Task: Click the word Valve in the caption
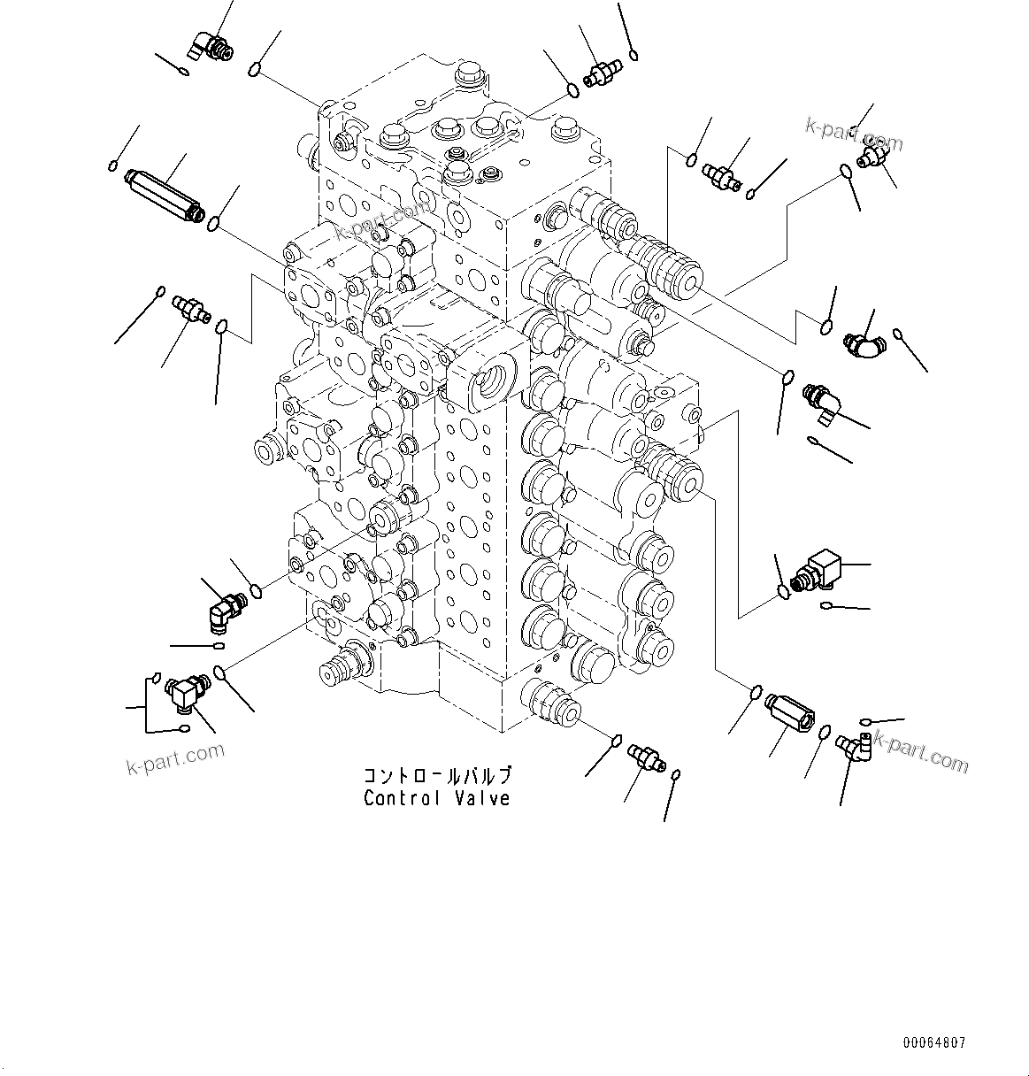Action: pos(481,798)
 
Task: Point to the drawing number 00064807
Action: pos(936,1043)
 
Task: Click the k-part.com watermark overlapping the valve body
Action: pos(381,221)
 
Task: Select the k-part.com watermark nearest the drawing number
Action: pos(920,752)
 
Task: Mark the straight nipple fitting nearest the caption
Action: pos(644,757)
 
